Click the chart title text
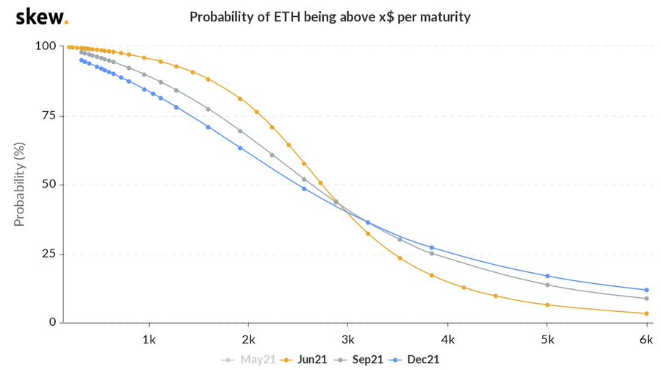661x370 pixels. pyautogui.click(x=330, y=16)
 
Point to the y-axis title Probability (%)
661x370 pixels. pyautogui.click(x=20, y=185)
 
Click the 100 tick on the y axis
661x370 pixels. pyautogui.click(x=46, y=46)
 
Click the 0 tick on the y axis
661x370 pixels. pyautogui.click(x=53, y=322)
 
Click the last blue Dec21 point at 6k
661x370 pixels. pyautogui.click(x=646, y=290)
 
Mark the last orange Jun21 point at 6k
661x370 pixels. pyautogui.click(x=646, y=313)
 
